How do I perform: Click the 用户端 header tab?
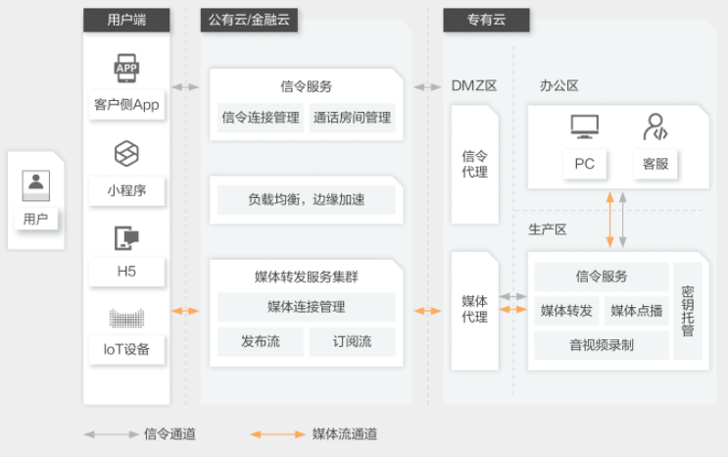pyautogui.click(x=126, y=20)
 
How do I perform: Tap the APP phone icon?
pyautogui.click(x=126, y=68)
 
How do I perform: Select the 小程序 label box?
pyautogui.click(x=126, y=190)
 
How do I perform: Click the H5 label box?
pyautogui.click(x=126, y=272)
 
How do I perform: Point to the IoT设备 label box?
pyautogui.click(x=126, y=349)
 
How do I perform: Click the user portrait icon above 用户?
pyautogui.click(x=35, y=185)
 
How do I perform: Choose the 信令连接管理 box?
pyautogui.click(x=261, y=118)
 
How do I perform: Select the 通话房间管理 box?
pyautogui.click(x=352, y=118)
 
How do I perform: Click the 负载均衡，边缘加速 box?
pyautogui.click(x=307, y=200)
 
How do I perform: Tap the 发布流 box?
pyautogui.click(x=261, y=341)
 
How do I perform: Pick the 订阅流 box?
pyautogui.click(x=352, y=341)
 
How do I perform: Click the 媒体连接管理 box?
pyautogui.click(x=307, y=307)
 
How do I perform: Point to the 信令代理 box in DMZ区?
pyautogui.click(x=474, y=164)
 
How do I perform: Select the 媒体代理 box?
pyautogui.click(x=474, y=311)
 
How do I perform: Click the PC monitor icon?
pyautogui.click(x=585, y=127)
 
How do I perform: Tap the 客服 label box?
pyautogui.click(x=655, y=164)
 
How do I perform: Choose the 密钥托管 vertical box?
pyautogui.click(x=688, y=311)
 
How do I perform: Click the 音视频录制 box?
pyautogui.click(x=602, y=345)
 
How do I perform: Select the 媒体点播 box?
pyautogui.click(x=637, y=311)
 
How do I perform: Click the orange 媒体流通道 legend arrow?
pyautogui.click(x=277, y=434)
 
